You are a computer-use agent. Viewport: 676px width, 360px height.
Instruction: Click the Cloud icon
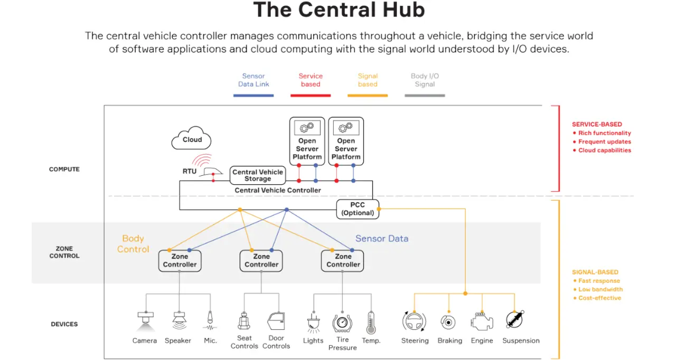[x=192, y=139]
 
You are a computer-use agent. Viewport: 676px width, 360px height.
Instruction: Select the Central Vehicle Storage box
[x=258, y=175]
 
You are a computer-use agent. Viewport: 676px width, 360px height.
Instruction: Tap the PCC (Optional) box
[x=358, y=209]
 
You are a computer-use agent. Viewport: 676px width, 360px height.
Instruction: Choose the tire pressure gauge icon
[x=342, y=322]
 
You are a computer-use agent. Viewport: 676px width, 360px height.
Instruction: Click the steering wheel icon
[x=415, y=321]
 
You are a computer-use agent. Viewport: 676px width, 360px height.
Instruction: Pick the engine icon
[x=482, y=321]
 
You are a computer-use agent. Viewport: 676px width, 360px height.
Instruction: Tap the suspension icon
[x=515, y=320]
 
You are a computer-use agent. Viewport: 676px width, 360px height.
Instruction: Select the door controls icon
[x=276, y=320]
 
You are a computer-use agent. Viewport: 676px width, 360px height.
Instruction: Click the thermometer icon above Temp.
[x=371, y=322]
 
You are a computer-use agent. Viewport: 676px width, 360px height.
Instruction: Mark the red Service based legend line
[x=311, y=96]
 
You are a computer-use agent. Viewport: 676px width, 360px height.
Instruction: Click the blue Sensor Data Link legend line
[x=253, y=96]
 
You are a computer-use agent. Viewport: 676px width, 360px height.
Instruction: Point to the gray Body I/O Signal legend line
[x=425, y=96]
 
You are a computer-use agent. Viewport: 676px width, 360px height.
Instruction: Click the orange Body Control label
[x=133, y=244]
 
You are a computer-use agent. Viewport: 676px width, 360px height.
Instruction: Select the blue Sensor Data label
[x=382, y=239]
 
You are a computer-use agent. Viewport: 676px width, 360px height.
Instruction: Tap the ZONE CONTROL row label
[x=64, y=252]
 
